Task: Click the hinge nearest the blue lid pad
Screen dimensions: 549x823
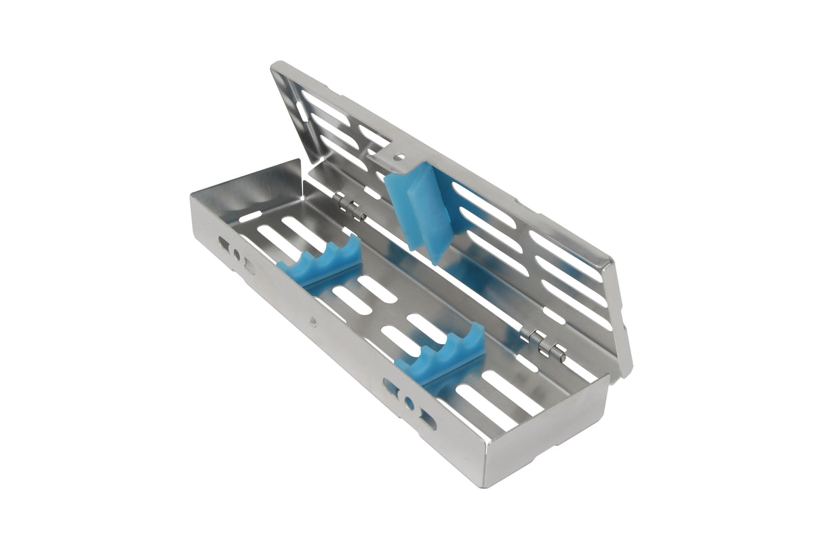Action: [x=349, y=206]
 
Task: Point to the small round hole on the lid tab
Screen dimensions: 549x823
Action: [x=400, y=157]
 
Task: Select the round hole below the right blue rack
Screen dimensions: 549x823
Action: [x=409, y=402]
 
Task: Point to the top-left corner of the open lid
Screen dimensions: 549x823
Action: [x=275, y=66]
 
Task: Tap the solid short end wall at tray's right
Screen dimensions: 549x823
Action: [x=549, y=434]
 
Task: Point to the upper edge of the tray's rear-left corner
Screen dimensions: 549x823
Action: [x=298, y=162]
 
